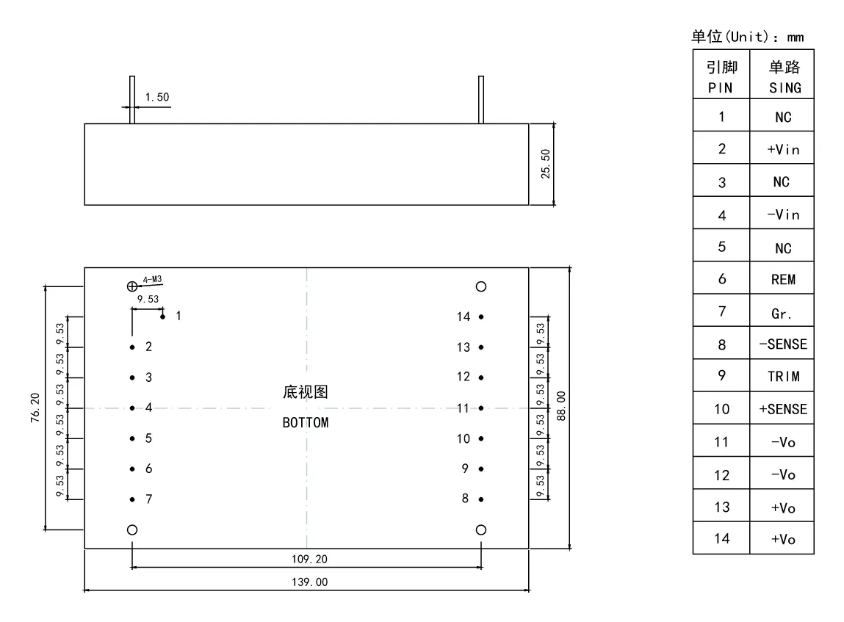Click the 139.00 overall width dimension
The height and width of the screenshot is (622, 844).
tap(309, 582)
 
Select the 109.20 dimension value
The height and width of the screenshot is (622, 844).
tap(309, 559)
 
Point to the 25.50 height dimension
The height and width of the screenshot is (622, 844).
tap(546, 164)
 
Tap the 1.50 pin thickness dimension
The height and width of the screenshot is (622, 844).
tap(157, 97)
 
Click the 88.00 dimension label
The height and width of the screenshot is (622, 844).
tap(561, 405)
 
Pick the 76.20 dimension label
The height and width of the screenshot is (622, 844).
tap(35, 408)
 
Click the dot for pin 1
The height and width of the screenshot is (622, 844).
tap(162, 317)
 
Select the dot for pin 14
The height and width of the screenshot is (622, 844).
tap(481, 317)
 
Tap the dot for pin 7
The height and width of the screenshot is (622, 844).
tap(132, 499)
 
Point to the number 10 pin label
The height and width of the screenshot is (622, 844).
tap(464, 438)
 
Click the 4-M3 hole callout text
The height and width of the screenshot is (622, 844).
tap(152, 279)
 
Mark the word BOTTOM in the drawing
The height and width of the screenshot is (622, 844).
tap(306, 422)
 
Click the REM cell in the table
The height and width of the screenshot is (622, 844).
tap(783, 279)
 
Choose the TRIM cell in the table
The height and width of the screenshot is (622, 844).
tap(783, 376)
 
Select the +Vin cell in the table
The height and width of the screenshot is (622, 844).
tap(783, 149)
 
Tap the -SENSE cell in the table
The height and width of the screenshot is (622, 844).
tap(783, 344)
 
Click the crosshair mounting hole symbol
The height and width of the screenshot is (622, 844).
tap(132, 286)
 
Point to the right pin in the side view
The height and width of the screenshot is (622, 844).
tap(481, 100)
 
